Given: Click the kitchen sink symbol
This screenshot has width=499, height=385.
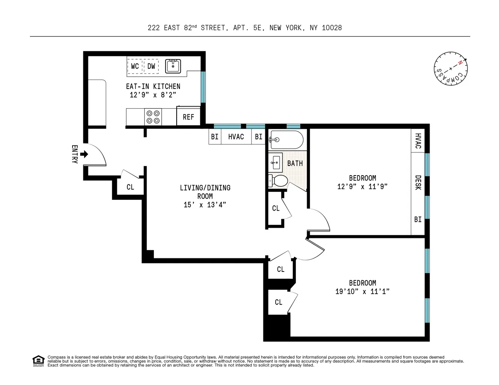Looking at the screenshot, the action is click(x=173, y=66).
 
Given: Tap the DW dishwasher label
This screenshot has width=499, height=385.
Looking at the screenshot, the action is click(x=151, y=66).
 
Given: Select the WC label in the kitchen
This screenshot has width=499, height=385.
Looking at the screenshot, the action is click(x=135, y=66).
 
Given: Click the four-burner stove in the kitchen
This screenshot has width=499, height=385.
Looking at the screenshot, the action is click(x=153, y=117).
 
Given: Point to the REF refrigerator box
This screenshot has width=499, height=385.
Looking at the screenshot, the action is click(x=188, y=116).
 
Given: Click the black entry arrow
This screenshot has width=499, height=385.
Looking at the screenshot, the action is click(x=84, y=154).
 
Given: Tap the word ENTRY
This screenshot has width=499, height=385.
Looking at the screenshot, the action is click(x=75, y=154).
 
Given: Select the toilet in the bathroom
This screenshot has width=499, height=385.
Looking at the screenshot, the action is click(x=278, y=181).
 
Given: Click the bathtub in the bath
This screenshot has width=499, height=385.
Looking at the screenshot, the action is click(x=286, y=139).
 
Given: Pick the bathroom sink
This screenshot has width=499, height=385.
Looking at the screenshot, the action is click(x=275, y=163).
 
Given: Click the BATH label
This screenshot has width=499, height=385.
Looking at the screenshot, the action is click(x=295, y=163).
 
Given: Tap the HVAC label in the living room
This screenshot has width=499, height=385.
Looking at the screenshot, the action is click(x=236, y=137).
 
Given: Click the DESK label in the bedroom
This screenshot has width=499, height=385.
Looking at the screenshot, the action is click(x=418, y=182).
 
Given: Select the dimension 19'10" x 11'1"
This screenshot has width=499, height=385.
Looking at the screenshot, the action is click(x=362, y=291).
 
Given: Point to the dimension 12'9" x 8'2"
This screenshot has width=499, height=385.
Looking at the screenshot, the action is click(x=153, y=95).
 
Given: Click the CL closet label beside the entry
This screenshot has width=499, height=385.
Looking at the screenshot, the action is click(x=130, y=187).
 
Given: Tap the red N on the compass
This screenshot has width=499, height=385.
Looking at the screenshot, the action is click(x=460, y=62).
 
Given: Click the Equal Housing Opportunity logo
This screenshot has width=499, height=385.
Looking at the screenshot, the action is click(x=38, y=361).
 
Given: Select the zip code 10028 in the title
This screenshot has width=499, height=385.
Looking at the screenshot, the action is click(x=332, y=28).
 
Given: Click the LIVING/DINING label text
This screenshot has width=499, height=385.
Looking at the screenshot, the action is click(x=205, y=188).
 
